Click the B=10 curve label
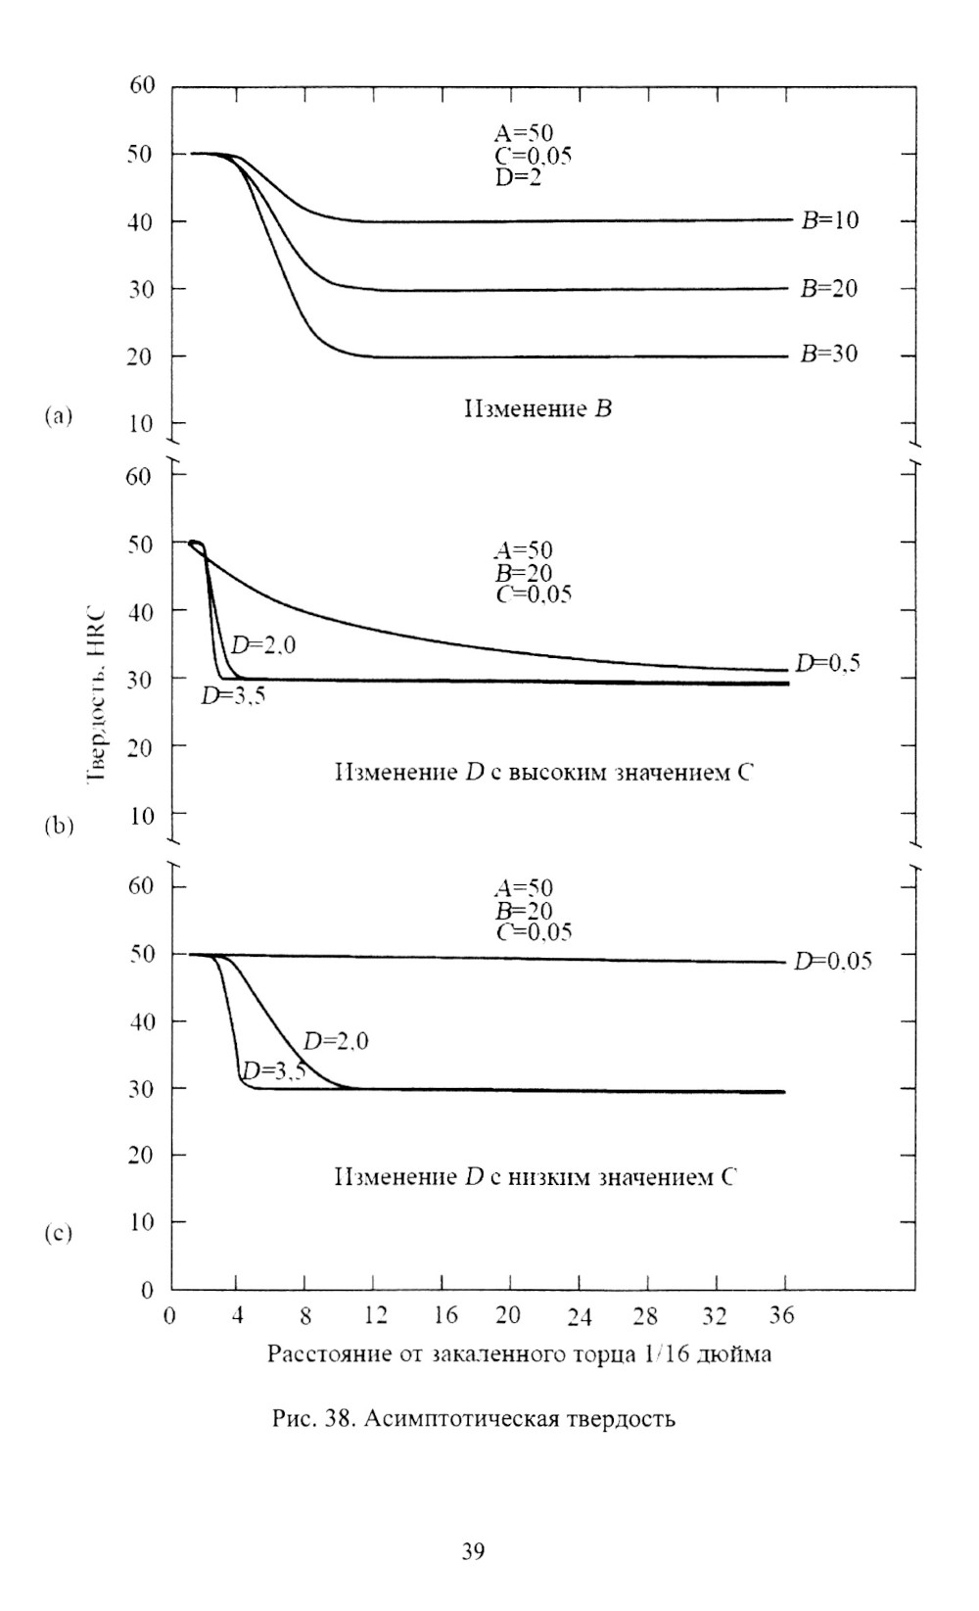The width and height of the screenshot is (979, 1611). [x=829, y=220]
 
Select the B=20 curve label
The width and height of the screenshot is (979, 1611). [x=829, y=289]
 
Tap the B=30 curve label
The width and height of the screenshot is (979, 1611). [x=829, y=355]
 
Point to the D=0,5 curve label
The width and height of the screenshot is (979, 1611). [x=829, y=664]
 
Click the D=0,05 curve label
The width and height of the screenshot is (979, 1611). [x=833, y=961]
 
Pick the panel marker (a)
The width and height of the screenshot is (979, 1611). [x=58, y=416]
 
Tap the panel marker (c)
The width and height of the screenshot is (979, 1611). [x=58, y=1234]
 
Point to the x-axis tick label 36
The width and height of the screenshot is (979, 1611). [x=781, y=1316]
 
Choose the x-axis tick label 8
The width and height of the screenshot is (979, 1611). [x=306, y=1316]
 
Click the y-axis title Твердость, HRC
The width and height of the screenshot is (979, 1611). [x=97, y=686]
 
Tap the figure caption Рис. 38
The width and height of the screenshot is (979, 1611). [x=473, y=1418]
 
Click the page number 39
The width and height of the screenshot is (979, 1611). [x=473, y=1551]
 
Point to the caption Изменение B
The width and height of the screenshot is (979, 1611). [x=537, y=408]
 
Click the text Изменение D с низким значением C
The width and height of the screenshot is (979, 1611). [x=535, y=1176]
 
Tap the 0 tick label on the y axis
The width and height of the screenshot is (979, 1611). [x=148, y=1291]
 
